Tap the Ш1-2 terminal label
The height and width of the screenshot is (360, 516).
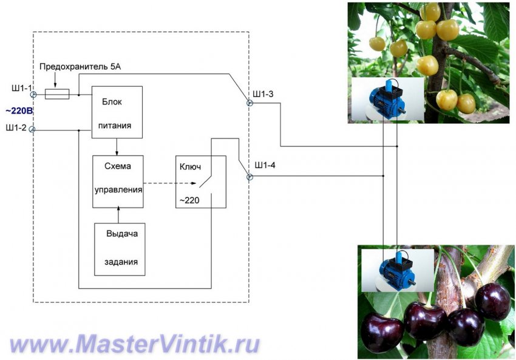coord(16,127)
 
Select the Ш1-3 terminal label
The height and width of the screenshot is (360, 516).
coord(263,94)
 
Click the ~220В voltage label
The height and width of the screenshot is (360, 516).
coord(19,111)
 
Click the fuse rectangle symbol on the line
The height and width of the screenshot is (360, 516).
coord(58,94)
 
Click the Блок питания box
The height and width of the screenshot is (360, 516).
coord(117,112)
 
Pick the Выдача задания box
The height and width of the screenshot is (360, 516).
coord(120,249)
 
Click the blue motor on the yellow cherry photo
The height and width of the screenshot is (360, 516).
coord(387,97)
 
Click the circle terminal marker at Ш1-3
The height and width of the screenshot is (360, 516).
coord(249,103)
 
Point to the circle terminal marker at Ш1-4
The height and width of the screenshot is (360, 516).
coord(249,177)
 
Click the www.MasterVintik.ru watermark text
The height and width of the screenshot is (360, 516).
coord(135,344)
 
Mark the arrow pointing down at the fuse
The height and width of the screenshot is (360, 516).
coord(55,82)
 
